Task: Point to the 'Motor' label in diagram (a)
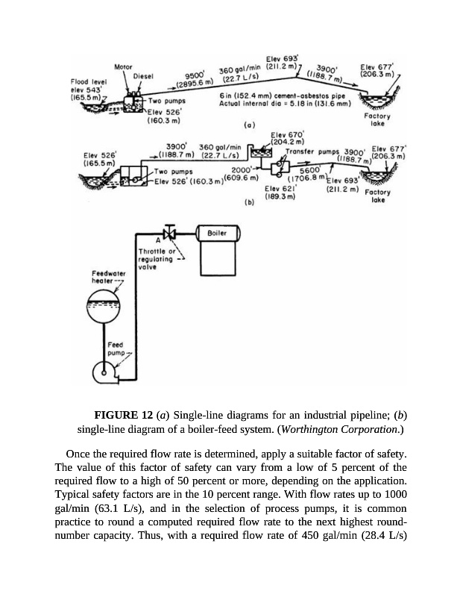click(123, 67)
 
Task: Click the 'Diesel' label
click(143, 76)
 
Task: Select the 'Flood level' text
click(87, 81)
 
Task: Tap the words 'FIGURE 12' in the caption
click(122, 415)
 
